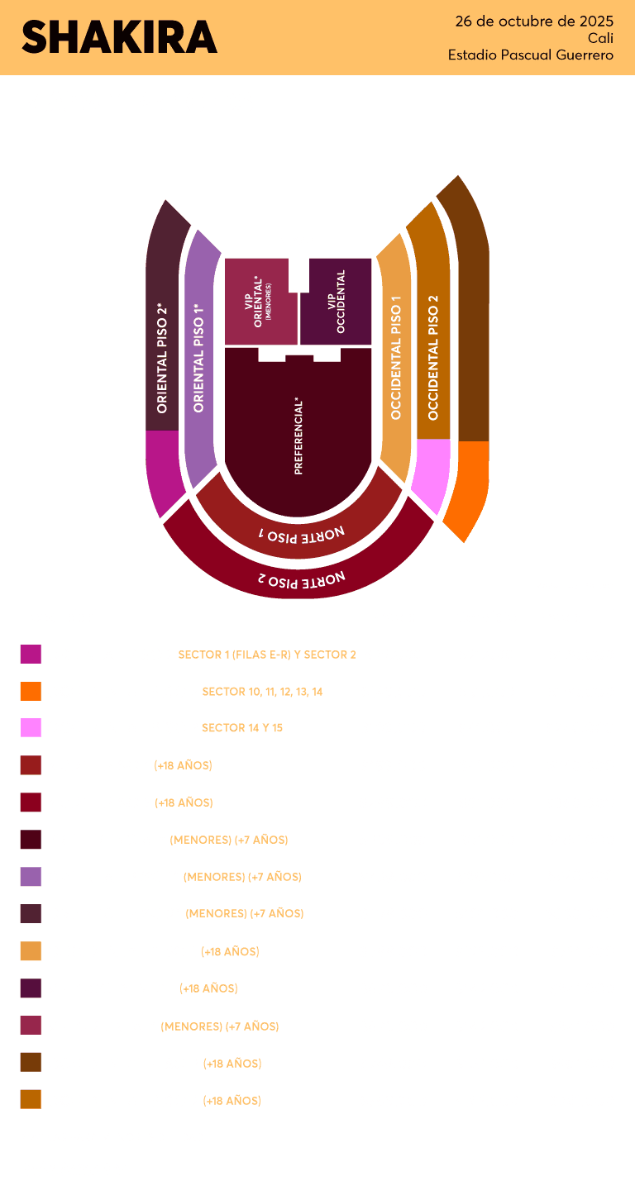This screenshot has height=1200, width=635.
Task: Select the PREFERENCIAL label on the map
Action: (298, 436)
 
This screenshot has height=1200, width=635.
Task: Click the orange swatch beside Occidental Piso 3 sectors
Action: (31, 692)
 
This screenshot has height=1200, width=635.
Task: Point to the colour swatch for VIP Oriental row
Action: (31, 1026)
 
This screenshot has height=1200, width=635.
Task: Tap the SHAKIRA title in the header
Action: (119, 37)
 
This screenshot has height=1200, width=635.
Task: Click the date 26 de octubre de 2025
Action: (534, 21)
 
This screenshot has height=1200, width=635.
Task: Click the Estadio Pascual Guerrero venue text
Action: (531, 55)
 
